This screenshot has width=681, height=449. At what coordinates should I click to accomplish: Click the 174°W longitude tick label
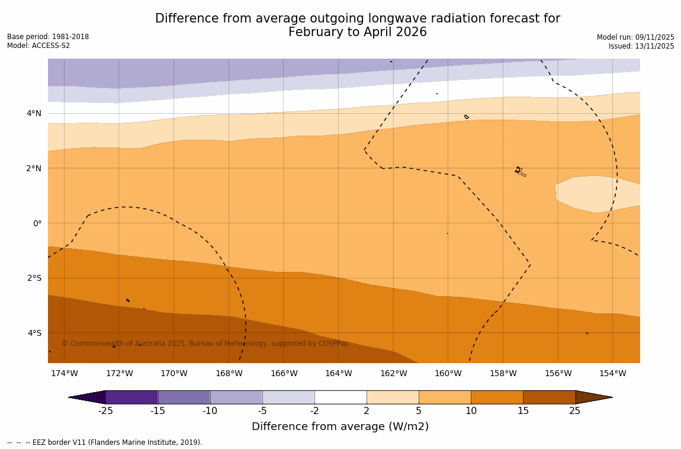point(64,373)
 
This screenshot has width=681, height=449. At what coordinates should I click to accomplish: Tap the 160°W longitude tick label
point(448,373)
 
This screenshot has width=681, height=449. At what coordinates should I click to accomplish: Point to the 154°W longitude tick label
point(612,373)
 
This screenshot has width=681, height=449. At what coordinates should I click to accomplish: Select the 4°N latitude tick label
point(34,113)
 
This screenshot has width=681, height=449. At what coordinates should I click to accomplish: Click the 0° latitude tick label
point(37,223)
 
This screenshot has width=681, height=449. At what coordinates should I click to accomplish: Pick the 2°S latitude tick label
point(34,278)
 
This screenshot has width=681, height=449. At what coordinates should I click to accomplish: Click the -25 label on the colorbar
point(105,411)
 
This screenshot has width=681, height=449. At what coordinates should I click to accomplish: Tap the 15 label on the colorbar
point(523,411)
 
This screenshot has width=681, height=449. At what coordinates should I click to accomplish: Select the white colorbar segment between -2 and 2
point(340,397)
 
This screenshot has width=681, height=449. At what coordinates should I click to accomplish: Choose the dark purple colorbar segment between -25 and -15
point(131,397)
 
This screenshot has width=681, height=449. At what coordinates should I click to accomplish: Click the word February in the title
point(313,33)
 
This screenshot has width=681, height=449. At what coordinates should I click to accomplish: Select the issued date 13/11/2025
point(654,46)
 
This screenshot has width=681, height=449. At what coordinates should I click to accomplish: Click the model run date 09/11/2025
point(654,37)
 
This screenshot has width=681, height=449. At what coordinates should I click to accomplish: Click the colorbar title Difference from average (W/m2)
point(340,426)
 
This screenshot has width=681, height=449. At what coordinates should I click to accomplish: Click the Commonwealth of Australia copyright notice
point(205,344)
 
